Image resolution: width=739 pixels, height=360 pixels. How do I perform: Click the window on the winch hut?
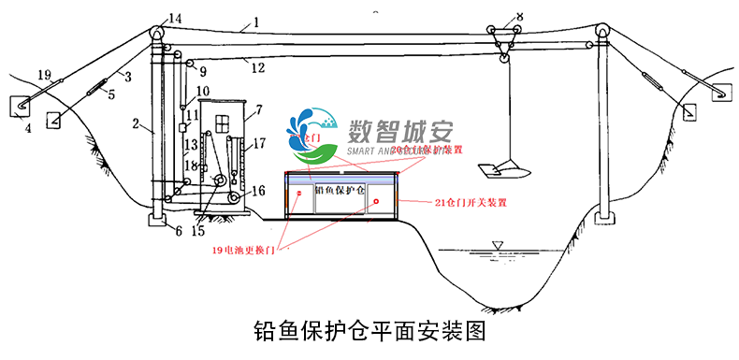220,124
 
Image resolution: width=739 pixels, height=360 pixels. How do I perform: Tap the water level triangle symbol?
497,246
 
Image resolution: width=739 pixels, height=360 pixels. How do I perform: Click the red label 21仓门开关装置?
471,202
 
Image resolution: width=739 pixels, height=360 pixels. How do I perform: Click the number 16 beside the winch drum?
258,190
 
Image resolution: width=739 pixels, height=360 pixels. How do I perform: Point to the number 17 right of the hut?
259,143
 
